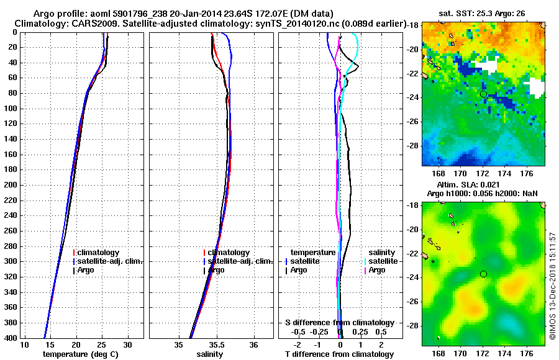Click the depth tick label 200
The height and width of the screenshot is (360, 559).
(x=11, y=185)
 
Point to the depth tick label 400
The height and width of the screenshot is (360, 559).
(x=11, y=338)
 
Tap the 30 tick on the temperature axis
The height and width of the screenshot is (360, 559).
(x=127, y=345)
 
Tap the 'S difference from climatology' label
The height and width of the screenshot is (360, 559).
(x=339, y=323)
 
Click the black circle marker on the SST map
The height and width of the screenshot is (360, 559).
(x=483, y=94)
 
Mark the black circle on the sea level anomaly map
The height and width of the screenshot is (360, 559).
(x=483, y=274)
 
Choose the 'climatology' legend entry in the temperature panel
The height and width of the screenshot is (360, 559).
(x=99, y=253)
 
